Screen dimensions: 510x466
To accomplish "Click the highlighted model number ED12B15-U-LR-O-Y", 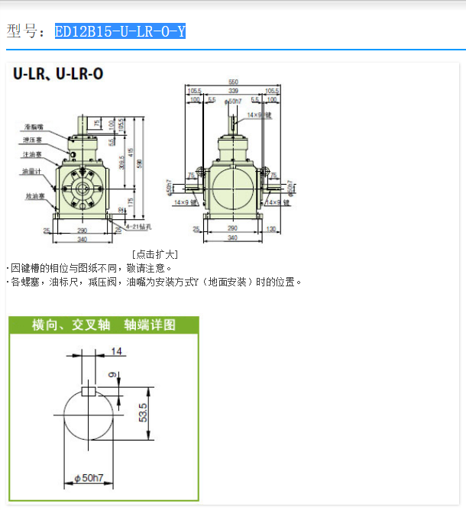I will tap(120, 31).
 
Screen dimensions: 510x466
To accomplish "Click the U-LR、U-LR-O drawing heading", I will tap(57, 74).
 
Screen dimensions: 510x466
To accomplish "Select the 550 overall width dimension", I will tap(233, 82).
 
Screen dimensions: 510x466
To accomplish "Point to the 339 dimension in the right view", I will tap(232, 91).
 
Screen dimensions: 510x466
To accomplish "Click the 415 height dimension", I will tap(131, 153).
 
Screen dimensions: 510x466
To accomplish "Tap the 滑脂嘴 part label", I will tap(34, 126).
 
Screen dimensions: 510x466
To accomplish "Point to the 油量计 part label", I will tap(32, 171).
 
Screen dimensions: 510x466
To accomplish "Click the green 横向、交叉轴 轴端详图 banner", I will tap(103, 324).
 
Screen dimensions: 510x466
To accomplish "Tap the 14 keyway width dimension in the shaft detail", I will tap(117, 352).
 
